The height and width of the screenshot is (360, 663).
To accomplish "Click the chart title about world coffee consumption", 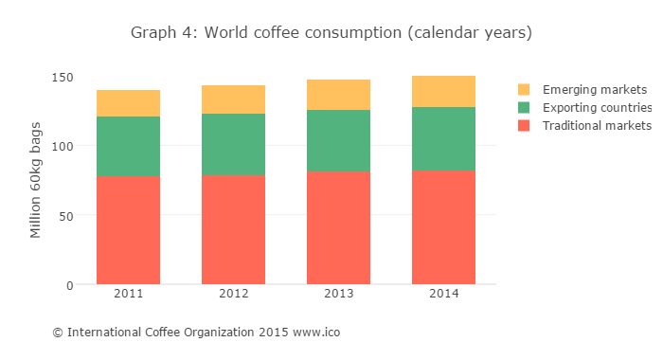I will [x=331, y=33].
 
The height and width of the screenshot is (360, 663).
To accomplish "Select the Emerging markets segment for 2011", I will [x=128, y=103].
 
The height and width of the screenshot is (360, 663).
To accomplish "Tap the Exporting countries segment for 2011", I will [x=128, y=146].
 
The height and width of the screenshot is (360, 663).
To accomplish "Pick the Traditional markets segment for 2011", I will [x=128, y=230].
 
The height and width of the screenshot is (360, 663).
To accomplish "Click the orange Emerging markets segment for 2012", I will [x=233, y=99].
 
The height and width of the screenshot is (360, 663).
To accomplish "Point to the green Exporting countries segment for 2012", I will [x=233, y=145].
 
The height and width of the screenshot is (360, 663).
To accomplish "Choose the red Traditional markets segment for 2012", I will [x=233, y=230].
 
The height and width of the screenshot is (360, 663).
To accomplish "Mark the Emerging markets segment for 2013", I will [x=338, y=95].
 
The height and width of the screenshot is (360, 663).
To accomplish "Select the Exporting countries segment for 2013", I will [x=338, y=141].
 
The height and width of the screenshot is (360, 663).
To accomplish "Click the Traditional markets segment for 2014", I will [x=443, y=227].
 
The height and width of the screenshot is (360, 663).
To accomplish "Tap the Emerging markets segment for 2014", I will [x=443, y=92].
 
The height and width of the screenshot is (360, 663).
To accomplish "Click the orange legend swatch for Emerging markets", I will [x=524, y=90].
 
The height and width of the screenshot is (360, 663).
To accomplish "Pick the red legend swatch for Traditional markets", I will [x=524, y=126].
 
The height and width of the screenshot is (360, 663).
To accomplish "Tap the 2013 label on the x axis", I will [x=338, y=295].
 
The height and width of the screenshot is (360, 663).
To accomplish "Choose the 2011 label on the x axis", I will [x=128, y=295].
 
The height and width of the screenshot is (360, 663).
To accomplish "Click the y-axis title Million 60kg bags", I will [x=36, y=180].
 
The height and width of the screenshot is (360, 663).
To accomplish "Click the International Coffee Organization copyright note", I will [x=196, y=333].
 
